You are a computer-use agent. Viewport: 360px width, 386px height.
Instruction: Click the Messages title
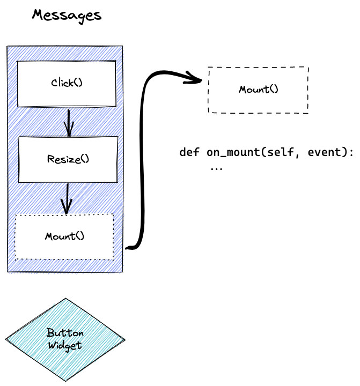(x=67, y=15)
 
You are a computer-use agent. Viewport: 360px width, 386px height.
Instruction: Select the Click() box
(x=67, y=84)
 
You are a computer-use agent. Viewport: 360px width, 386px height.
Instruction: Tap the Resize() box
(x=68, y=159)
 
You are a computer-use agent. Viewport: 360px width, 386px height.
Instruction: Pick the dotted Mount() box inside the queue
(x=64, y=236)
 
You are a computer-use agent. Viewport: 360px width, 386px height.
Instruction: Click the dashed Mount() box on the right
(x=258, y=90)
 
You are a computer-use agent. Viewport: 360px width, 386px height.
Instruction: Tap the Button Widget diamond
(x=65, y=339)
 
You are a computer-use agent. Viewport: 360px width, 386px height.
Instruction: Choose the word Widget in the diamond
(x=65, y=345)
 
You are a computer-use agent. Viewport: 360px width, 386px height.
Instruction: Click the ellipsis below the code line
(x=216, y=167)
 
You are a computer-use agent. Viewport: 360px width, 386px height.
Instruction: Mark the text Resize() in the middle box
(x=68, y=159)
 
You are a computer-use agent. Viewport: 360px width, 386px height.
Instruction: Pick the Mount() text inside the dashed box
(x=259, y=89)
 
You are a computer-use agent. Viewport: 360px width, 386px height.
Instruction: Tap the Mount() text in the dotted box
(x=65, y=236)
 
